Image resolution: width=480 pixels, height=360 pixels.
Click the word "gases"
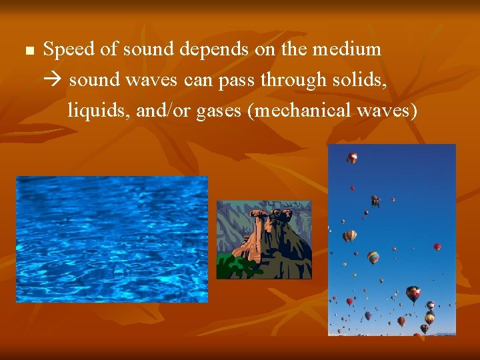(x=219, y=111)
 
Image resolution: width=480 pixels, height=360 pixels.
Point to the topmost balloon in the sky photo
(x=352, y=158)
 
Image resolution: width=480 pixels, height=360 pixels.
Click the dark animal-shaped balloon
(x=376, y=200)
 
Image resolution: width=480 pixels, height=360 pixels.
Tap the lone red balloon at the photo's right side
(x=437, y=247)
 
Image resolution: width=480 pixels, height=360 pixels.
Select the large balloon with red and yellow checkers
(x=413, y=293)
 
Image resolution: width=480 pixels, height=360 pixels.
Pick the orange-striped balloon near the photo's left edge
(x=349, y=235)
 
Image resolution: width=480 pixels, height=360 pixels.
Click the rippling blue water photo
(x=111, y=239)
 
